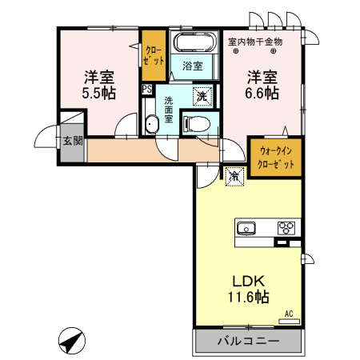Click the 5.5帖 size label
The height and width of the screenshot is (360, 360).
100,94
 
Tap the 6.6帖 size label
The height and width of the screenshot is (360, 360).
262,94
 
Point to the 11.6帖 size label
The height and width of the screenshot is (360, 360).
248,297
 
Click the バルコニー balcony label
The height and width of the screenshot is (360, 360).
248,341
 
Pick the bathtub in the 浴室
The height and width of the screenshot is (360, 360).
194,43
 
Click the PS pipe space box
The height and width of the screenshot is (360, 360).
146,90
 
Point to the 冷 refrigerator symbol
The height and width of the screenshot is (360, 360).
234,174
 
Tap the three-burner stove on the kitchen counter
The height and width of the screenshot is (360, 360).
286,228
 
